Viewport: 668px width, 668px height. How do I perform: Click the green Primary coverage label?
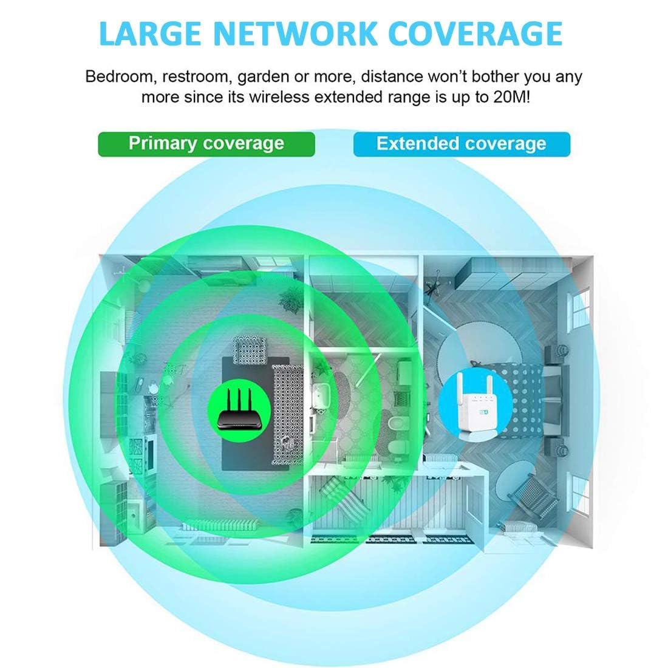click(206, 144)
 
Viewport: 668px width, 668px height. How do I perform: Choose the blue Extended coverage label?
click(462, 145)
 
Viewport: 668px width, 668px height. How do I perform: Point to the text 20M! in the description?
click(507, 97)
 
